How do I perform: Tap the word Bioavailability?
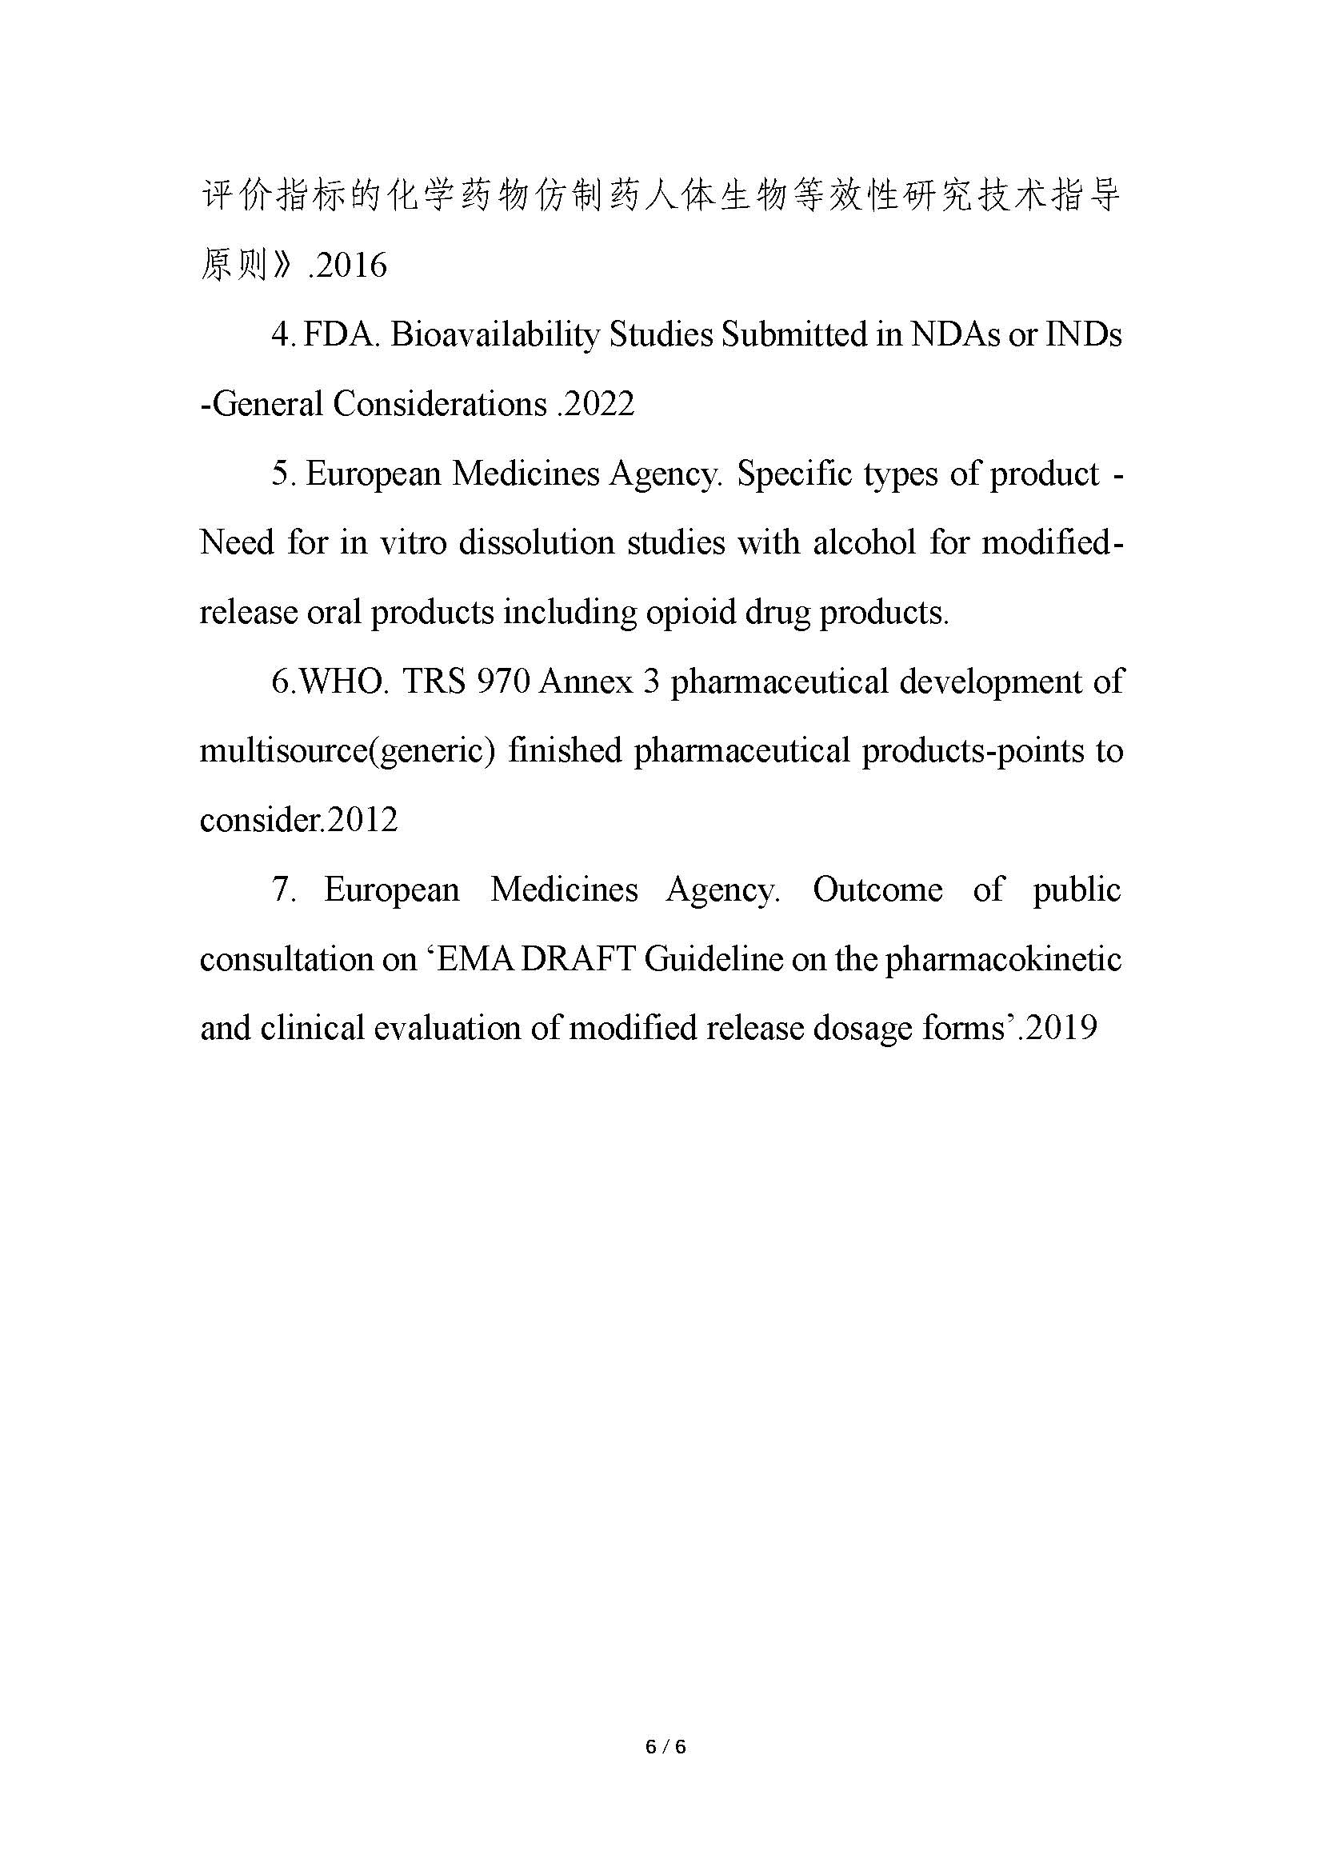pos(494,335)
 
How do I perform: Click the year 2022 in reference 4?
pos(600,404)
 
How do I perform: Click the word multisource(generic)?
pos(348,750)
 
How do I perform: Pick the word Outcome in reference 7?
pos(877,889)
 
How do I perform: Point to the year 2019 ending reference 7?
pos(1061,1029)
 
